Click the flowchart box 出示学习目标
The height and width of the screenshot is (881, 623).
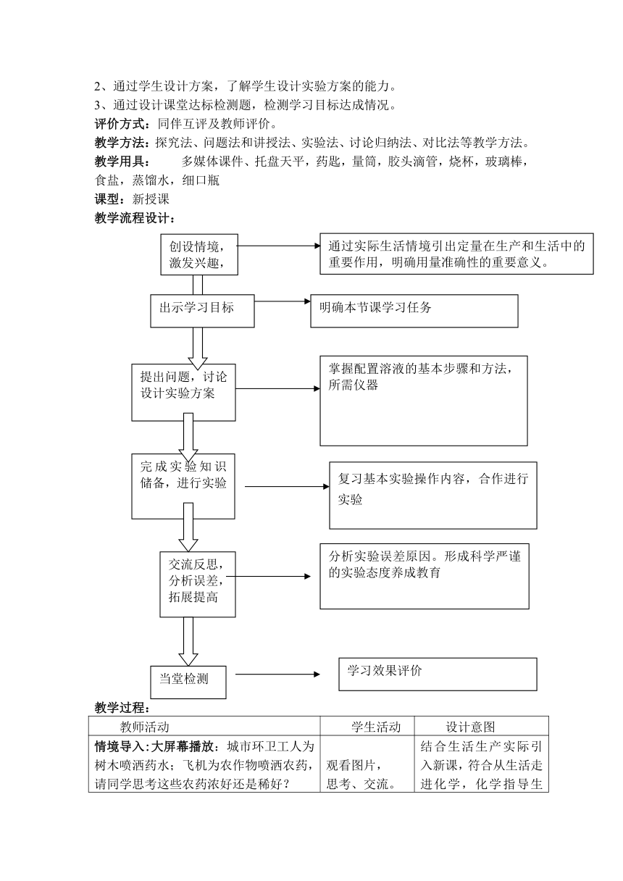pos(202,311)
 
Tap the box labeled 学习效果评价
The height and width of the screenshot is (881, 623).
pos(438,674)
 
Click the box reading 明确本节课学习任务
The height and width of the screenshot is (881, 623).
pos(414,311)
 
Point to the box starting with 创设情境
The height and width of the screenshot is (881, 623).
pos(199,254)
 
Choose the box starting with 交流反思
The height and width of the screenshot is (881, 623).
pos(198,584)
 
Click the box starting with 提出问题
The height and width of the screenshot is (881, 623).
pos(183,392)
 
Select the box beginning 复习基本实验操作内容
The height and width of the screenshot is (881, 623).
pos(433,495)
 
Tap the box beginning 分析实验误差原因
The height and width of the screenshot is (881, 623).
pos(425,576)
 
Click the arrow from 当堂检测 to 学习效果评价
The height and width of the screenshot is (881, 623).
pos(277,674)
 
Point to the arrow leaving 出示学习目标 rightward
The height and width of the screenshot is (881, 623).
pos(283,301)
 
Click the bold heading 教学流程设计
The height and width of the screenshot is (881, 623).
pos(135,218)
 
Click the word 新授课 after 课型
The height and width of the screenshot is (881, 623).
pos(151,199)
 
